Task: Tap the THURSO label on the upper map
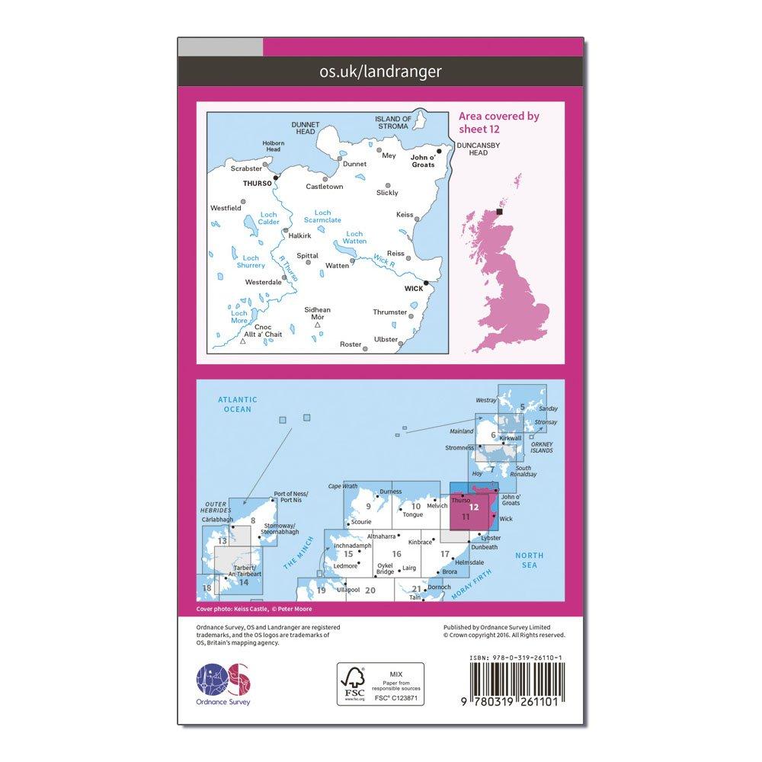[251, 184]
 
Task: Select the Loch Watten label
[355, 237]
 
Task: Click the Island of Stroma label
[394, 122]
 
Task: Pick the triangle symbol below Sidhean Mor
[318, 325]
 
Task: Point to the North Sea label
[524, 560]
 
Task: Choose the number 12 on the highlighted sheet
[475, 507]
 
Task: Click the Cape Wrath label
[343, 485]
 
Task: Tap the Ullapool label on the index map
[348, 591]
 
